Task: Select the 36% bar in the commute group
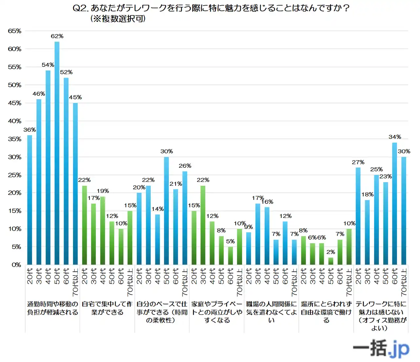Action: click(30, 200)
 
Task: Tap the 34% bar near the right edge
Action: click(394, 203)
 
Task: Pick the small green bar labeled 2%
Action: click(331, 261)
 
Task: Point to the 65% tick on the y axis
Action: click(15, 31)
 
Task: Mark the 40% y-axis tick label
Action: click(15, 121)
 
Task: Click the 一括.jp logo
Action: click(381, 348)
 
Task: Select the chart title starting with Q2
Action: click(211, 8)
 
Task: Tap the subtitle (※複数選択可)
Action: click(118, 19)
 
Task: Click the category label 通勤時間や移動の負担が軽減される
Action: click(52, 308)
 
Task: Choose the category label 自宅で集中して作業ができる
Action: click(107, 308)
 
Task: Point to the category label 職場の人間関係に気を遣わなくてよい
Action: click(271, 312)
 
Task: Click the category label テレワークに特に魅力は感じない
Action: click(381, 316)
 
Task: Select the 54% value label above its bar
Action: click(48, 65)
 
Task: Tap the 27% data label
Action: click(358, 162)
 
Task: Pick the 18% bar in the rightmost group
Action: click(367, 232)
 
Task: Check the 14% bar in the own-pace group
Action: click(157, 239)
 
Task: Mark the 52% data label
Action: click(66, 72)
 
